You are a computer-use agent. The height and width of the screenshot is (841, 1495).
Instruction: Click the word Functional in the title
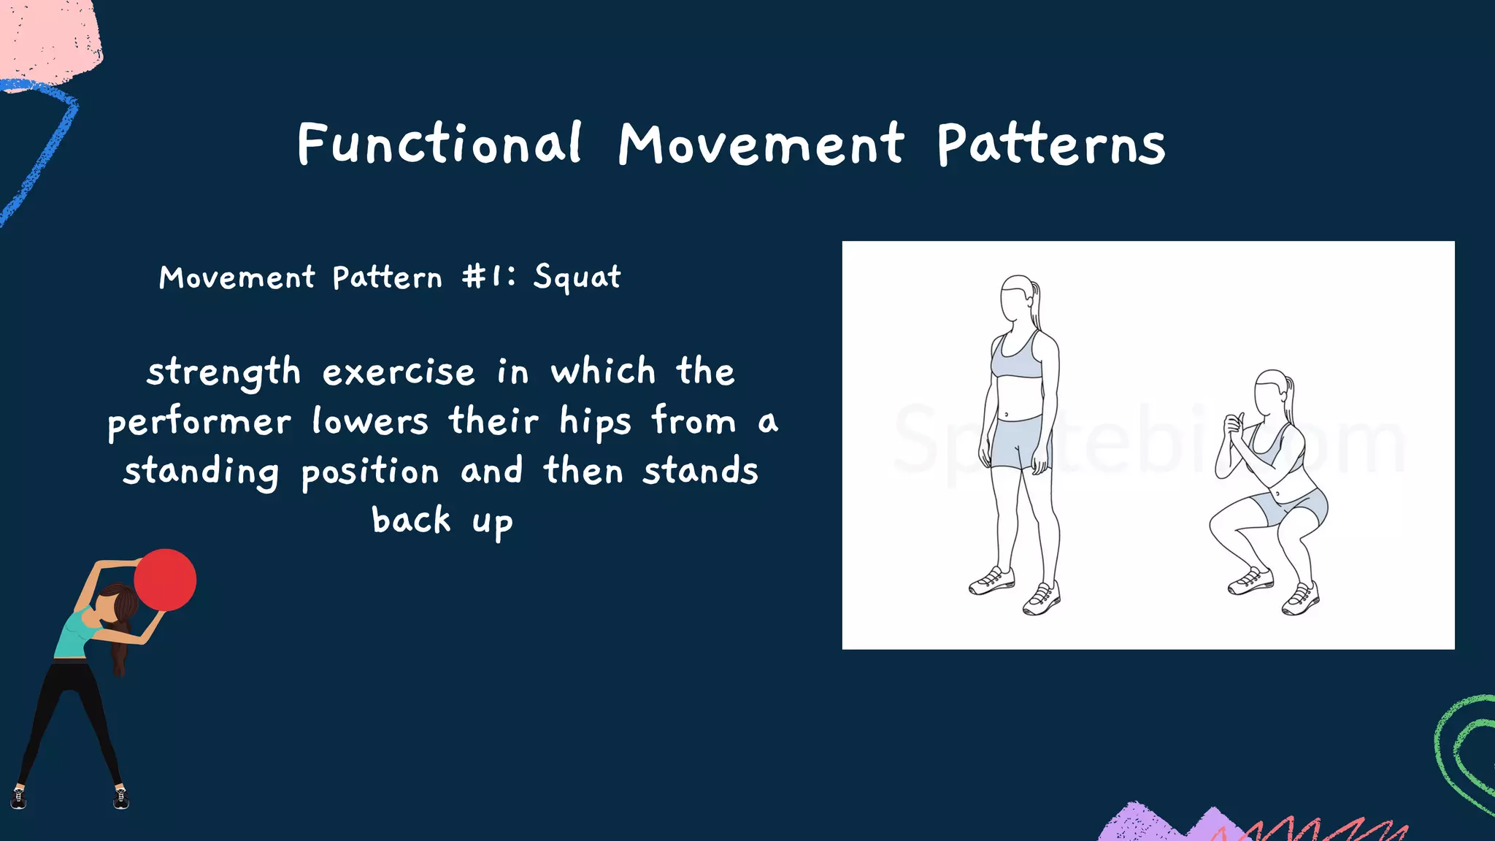point(439,144)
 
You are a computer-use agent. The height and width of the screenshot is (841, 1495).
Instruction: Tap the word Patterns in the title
point(1051,144)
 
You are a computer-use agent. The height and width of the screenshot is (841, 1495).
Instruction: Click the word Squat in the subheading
point(577,277)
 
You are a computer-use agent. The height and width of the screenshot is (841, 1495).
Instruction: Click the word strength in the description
point(223,372)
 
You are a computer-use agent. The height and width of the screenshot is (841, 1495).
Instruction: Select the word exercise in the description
point(399,372)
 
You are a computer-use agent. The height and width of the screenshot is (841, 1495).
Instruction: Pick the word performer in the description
point(199,423)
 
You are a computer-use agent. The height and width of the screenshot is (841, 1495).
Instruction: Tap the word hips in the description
point(595,423)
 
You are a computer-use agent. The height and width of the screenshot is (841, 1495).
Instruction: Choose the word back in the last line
point(412,521)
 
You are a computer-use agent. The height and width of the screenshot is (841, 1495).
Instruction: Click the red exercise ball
point(166,580)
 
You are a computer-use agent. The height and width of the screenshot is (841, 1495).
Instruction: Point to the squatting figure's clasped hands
point(1235,428)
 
